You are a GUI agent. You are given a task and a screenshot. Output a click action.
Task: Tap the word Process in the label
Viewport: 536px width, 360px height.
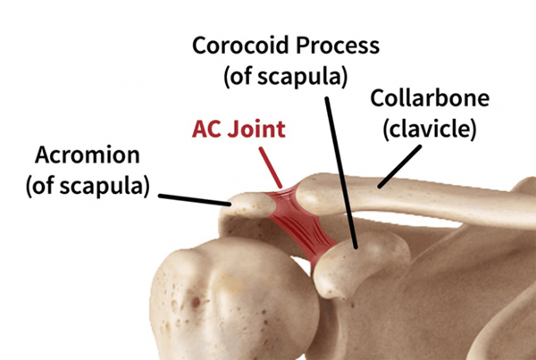tap(338, 46)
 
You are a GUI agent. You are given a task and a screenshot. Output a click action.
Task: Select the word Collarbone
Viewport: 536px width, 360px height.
tap(430, 98)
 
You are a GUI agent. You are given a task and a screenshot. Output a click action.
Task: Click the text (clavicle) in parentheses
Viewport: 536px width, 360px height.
tap(430, 130)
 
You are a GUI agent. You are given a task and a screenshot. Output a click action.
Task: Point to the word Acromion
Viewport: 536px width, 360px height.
tap(88, 155)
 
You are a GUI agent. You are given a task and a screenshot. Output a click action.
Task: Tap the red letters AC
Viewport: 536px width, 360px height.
tap(206, 129)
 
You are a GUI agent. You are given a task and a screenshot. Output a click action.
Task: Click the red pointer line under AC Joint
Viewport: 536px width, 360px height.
tap(271, 168)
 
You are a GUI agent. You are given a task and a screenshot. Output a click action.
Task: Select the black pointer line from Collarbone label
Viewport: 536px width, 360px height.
tap(399, 166)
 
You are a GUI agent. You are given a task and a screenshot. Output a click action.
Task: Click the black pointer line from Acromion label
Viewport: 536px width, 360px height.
tap(195, 200)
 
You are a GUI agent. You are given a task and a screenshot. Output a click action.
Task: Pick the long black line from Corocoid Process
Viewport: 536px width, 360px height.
tap(341, 172)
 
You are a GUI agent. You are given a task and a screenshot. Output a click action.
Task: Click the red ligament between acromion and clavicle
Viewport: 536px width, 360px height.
tap(284, 197)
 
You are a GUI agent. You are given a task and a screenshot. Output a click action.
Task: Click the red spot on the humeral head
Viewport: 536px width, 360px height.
tap(196, 302)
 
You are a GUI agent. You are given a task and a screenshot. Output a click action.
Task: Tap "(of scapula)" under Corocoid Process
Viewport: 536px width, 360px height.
tap(286, 77)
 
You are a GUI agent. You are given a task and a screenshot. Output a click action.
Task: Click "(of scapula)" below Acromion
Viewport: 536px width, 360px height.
tap(88, 186)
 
